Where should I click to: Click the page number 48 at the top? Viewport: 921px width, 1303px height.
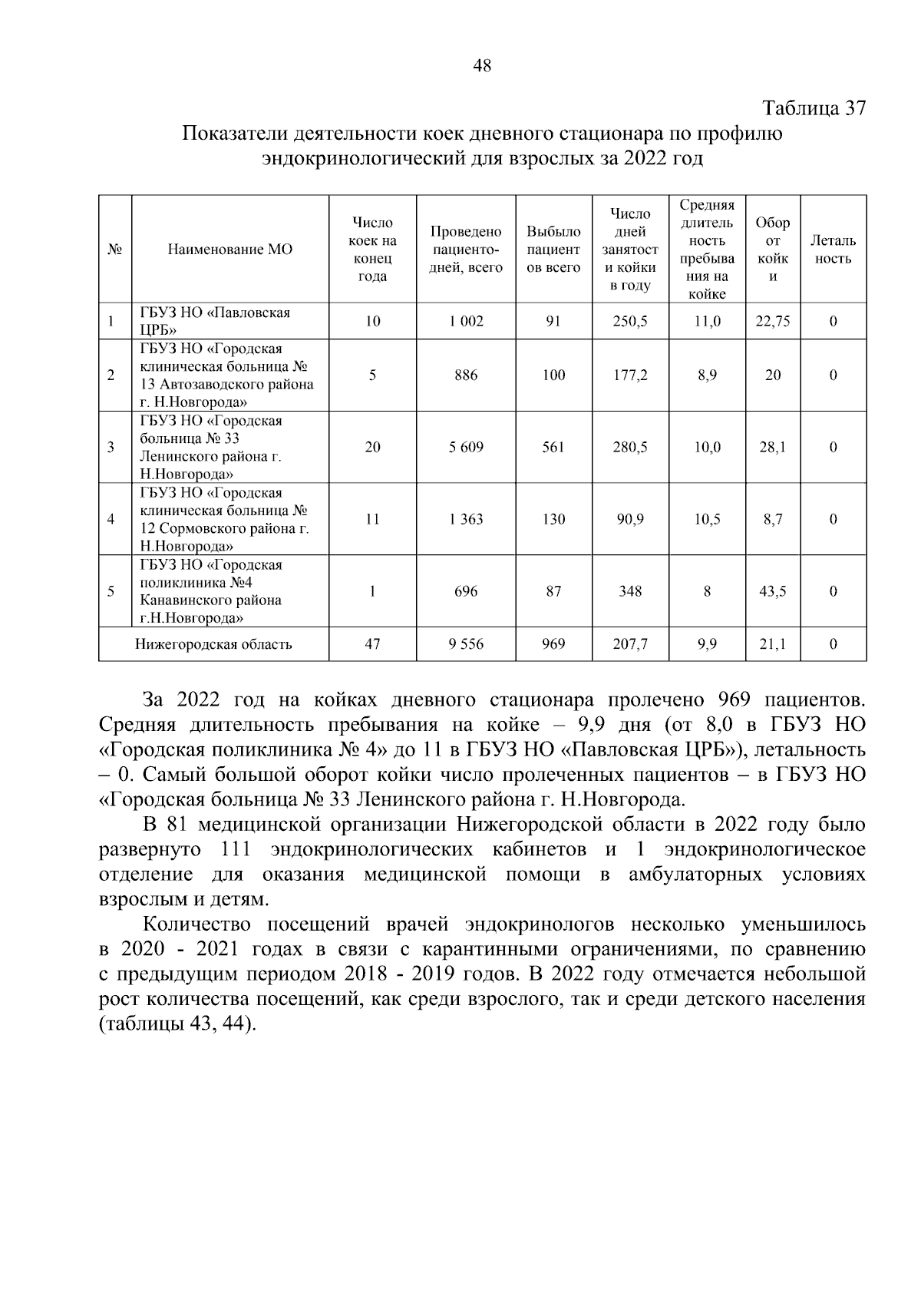tap(482, 66)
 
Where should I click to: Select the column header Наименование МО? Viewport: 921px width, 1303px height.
tap(230, 250)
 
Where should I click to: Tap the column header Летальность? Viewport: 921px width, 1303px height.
tap(833, 250)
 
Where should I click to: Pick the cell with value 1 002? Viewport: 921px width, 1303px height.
tap(466, 322)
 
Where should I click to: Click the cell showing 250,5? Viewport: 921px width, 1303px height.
tap(629, 322)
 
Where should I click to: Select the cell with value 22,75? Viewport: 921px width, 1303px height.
tap(772, 322)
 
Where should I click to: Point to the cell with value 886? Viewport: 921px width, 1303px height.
tap(466, 375)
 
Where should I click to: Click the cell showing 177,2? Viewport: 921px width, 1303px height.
tap(629, 375)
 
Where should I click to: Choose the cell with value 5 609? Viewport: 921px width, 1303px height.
tap(466, 447)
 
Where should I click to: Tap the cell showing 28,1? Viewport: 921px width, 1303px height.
tap(772, 447)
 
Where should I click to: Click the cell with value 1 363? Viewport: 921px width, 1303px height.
tap(466, 519)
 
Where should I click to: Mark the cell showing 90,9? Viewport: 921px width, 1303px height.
tap(629, 519)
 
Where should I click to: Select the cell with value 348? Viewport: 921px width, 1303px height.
tap(629, 591)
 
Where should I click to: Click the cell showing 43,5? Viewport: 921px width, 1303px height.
tap(772, 591)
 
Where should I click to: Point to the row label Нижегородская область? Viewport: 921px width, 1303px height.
tap(213, 644)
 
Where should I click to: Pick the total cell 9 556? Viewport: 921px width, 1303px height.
tap(466, 644)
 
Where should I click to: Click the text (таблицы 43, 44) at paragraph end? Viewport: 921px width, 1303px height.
tap(177, 1025)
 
